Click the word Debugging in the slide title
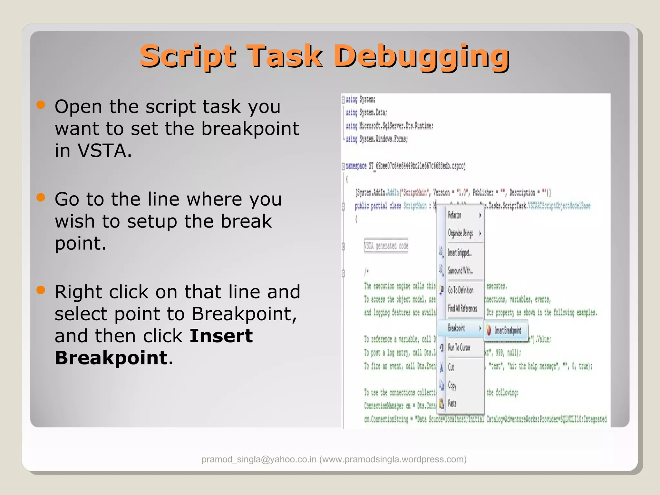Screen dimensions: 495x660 (x=421, y=57)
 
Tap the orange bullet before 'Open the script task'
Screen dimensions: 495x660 (x=41, y=105)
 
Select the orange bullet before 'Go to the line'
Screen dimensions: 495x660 (x=41, y=197)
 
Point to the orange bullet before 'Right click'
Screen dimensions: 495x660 (x=41, y=290)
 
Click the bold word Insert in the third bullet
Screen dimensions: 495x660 (x=221, y=336)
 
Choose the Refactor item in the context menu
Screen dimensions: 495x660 (x=455, y=215)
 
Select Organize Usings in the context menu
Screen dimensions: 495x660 (x=461, y=233)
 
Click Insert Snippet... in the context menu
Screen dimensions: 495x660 (x=460, y=253)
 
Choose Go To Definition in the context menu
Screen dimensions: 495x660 (x=461, y=290)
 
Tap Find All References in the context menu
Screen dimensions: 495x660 (x=462, y=308)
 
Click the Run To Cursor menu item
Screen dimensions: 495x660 (x=459, y=348)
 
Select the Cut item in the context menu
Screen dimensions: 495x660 (x=451, y=367)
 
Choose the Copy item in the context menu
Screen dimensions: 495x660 (x=452, y=385)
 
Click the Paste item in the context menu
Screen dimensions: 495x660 (x=452, y=403)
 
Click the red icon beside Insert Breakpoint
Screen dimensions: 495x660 (x=489, y=330)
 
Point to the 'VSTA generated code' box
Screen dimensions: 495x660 (x=386, y=246)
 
